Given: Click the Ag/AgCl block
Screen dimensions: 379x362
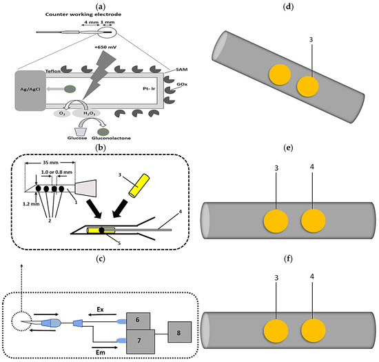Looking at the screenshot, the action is [x=30, y=91].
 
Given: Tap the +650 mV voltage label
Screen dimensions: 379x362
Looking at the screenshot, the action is [x=105, y=47].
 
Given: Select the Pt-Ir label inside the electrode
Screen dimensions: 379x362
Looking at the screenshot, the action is [x=149, y=89].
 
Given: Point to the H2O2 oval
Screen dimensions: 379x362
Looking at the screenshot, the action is [x=86, y=113].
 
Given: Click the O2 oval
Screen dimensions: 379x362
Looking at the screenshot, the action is [x=62, y=113].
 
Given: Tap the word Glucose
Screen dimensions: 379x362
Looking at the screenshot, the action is [x=77, y=138].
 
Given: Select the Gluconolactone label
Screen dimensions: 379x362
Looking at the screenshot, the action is [x=111, y=138].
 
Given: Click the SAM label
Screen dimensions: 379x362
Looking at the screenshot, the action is [x=181, y=70].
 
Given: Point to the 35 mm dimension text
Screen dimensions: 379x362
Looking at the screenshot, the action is [x=50, y=163].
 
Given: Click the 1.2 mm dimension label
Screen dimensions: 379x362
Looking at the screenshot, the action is [x=31, y=204].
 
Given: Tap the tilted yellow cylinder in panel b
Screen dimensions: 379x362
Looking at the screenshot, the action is [x=139, y=185].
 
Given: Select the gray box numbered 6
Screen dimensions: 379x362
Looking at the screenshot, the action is [x=139, y=321].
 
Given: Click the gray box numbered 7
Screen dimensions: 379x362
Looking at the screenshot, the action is [x=141, y=341].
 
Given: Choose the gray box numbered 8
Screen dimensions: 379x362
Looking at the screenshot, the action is [x=180, y=332].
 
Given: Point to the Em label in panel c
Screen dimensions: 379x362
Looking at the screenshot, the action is [x=101, y=352].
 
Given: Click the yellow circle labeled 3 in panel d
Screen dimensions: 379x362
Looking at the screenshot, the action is [x=308, y=86].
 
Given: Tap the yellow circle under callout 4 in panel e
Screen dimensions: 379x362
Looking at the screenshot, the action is [x=314, y=221].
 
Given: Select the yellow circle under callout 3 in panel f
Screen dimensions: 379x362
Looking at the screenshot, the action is [x=276, y=331].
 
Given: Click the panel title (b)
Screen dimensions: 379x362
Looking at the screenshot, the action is [x=101, y=148].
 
